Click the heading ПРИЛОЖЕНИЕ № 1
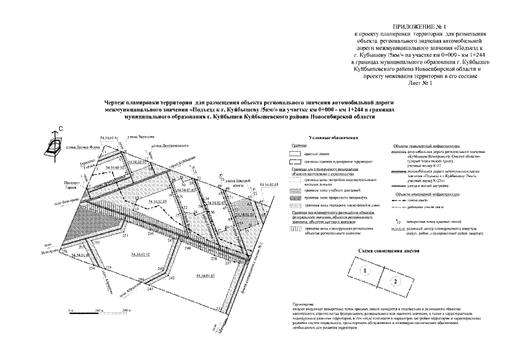coord(421,27)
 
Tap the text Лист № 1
coord(420,83)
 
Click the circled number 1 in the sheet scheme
coord(365,271)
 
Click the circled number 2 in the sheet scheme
coord(396,280)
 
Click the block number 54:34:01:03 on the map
coord(206,275)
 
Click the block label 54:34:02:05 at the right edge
coord(269,184)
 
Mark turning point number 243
coord(151,287)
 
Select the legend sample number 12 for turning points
coord(398,223)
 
